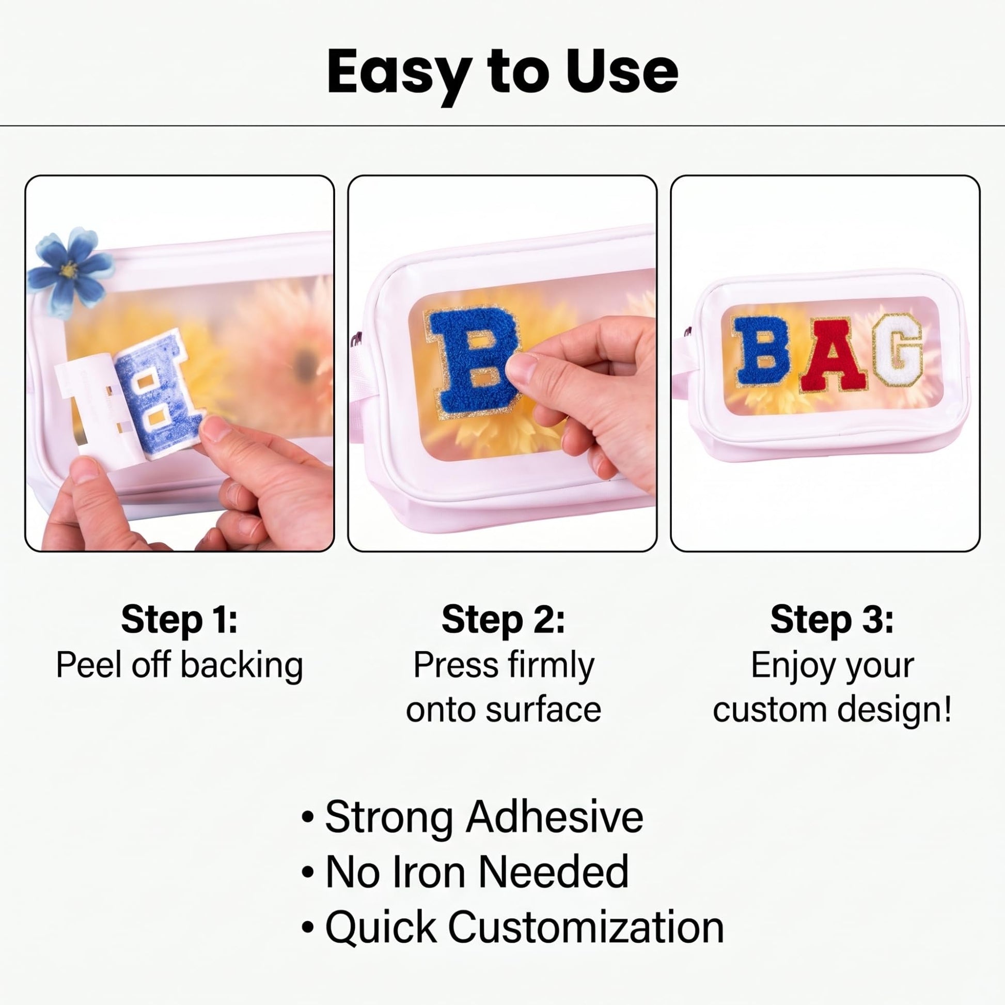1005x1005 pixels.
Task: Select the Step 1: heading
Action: click(x=180, y=620)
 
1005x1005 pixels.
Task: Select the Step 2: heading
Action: click(x=503, y=620)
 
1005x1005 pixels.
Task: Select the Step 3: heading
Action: click(x=832, y=620)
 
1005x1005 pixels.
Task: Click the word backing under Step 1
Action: click(x=242, y=666)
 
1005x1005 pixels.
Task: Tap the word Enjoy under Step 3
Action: click(x=791, y=666)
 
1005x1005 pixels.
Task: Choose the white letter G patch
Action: click(x=898, y=349)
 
